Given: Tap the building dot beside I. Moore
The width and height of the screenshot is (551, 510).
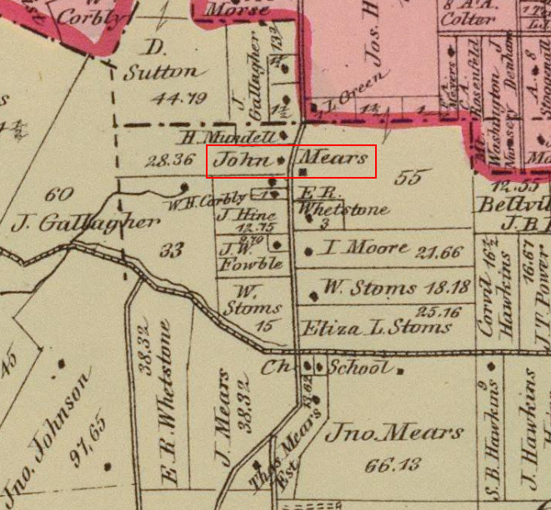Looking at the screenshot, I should [310, 250].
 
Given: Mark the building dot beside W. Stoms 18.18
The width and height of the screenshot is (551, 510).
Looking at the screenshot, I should [313, 294].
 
